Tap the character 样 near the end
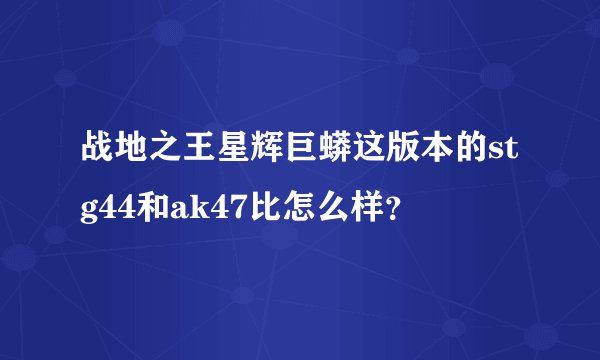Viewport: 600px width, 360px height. pyautogui.click(x=364, y=207)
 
